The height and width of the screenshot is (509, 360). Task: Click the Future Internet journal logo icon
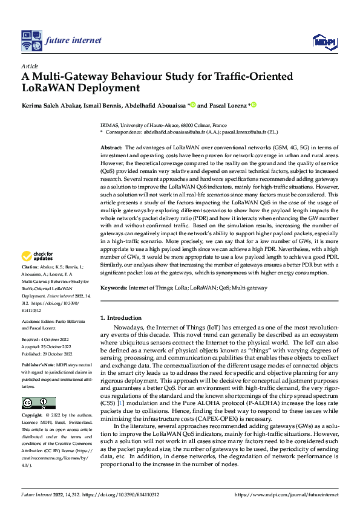click(31, 41)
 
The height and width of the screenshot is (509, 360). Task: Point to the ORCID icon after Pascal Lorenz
click(255, 105)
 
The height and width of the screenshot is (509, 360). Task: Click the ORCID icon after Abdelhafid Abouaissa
click(193, 105)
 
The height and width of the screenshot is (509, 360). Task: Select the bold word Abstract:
click(111, 148)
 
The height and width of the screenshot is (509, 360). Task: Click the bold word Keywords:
click(114, 288)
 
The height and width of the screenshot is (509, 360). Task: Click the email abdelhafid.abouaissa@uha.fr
click(178, 131)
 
